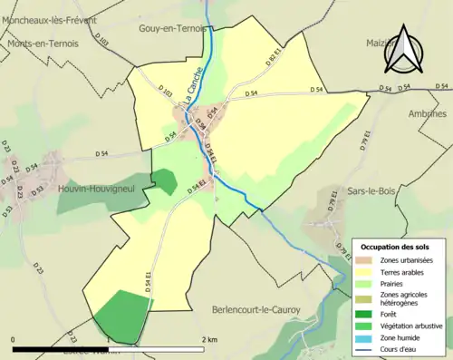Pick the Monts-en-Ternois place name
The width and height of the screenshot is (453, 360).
42,43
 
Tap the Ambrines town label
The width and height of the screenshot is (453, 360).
428,115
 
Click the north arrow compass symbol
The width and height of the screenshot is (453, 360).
404,50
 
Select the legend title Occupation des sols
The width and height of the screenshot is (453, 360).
397,247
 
